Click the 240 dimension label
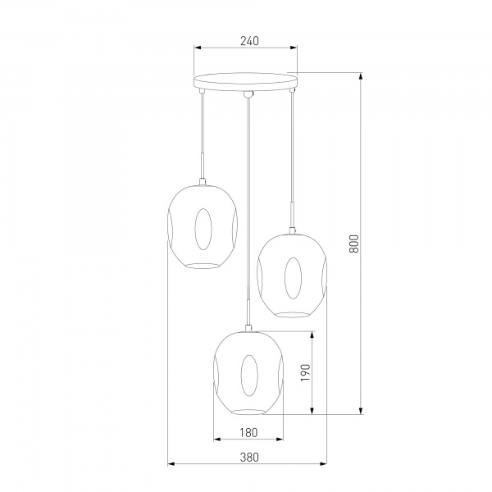coord(250,41)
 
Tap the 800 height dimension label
coord(353,244)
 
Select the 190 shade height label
coord(305,372)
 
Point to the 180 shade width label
coord(248,433)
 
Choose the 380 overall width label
coord(250,458)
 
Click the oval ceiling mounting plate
coord(245,82)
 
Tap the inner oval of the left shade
coord(203,229)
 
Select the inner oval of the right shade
coord(293,278)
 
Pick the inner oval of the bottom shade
coord(249,376)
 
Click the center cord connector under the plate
coord(248,94)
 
